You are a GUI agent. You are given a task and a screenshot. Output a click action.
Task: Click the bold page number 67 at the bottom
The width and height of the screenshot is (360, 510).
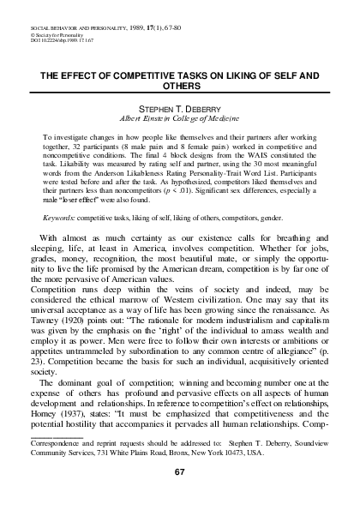[179, 471]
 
